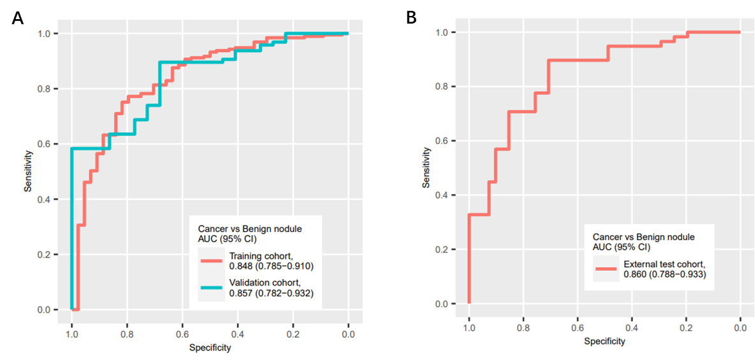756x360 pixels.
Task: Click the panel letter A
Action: click(x=17, y=18)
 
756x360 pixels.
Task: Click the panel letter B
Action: click(x=412, y=18)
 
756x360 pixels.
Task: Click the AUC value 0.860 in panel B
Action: click(x=637, y=274)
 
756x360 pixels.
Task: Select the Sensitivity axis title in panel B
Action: click(x=426, y=168)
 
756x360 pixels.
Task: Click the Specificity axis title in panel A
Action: click(x=210, y=348)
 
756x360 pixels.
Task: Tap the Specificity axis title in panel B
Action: click(x=604, y=342)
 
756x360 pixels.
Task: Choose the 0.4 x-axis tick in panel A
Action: click(x=238, y=333)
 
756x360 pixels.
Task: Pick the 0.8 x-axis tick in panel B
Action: click(x=523, y=328)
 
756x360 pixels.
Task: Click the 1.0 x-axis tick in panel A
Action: click(x=71, y=333)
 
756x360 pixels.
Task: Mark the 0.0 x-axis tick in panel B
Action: click(x=739, y=328)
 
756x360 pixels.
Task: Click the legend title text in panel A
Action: click(x=249, y=233)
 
